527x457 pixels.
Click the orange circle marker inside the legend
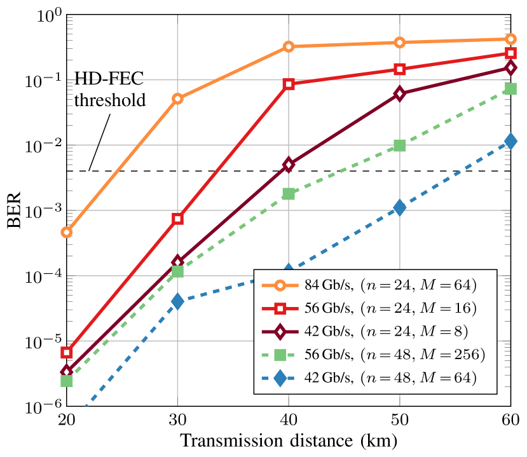(280, 285)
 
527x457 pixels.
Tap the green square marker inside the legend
(280, 355)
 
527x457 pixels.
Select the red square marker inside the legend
(280, 309)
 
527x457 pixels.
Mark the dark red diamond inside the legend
(280, 332)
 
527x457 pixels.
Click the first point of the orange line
(66, 232)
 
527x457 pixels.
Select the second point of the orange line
(177, 99)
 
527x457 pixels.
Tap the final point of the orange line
(510, 39)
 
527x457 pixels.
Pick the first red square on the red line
(66, 352)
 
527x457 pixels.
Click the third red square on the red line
(289, 84)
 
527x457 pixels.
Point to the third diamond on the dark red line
(289, 165)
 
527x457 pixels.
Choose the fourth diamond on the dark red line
(399, 93)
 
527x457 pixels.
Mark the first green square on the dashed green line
(66, 381)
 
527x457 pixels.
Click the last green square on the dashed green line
(510, 88)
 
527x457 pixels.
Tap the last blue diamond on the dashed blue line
(510, 141)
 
